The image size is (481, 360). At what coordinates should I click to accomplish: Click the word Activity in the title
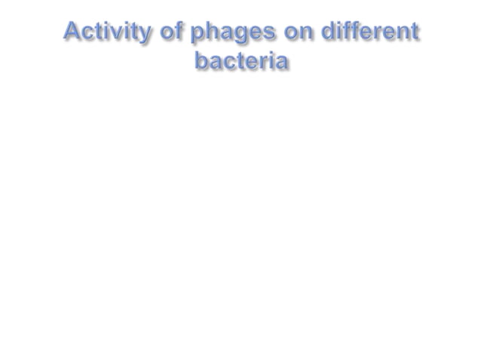click(107, 33)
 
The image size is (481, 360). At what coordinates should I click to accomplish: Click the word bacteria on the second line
click(240, 63)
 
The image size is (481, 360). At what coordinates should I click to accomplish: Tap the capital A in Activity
click(72, 33)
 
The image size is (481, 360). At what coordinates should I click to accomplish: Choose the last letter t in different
click(414, 34)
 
